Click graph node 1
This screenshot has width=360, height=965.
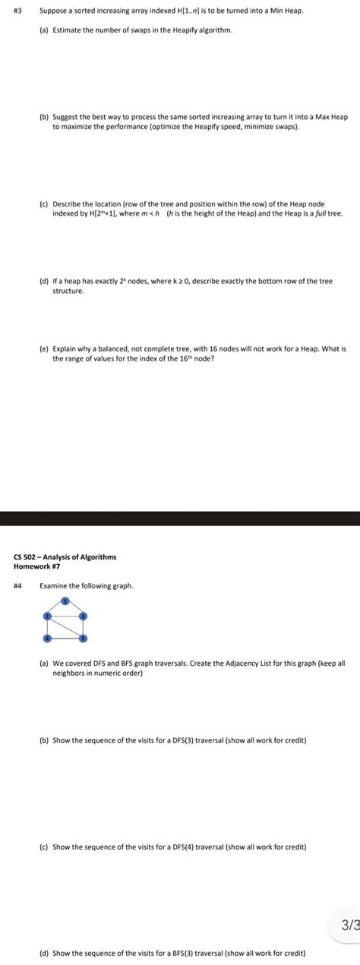(x=65, y=601)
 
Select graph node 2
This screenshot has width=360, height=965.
(x=47, y=615)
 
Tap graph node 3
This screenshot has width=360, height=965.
(x=84, y=615)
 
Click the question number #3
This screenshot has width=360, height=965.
(x=18, y=13)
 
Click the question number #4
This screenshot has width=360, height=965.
(x=18, y=585)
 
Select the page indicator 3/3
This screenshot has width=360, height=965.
(x=350, y=925)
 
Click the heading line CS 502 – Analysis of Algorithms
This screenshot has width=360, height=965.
(x=65, y=557)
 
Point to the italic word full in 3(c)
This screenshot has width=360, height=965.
(x=324, y=214)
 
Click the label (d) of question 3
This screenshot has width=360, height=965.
(x=44, y=281)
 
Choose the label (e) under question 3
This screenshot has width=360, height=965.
(x=44, y=351)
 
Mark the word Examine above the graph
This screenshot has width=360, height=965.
(x=53, y=585)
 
